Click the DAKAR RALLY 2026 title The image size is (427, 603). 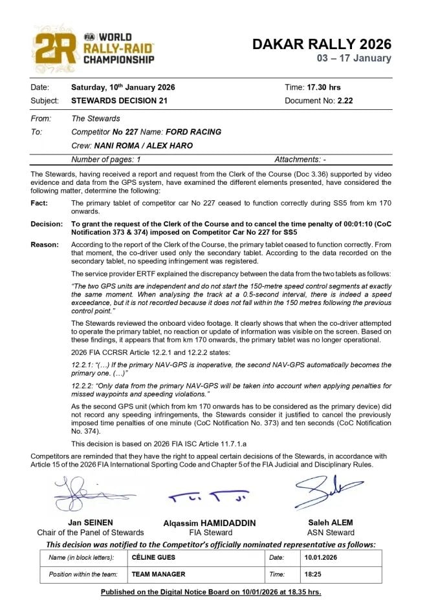pyautogui.click(x=322, y=44)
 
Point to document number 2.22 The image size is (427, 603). pyautogui.click(x=345, y=101)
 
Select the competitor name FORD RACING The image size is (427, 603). pyautogui.click(x=193, y=132)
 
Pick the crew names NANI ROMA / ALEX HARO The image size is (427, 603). pyautogui.click(x=143, y=145)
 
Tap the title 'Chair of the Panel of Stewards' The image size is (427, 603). pyautogui.click(x=91, y=533)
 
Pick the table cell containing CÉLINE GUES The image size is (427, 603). pyautogui.click(x=195, y=557)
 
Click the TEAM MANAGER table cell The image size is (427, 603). pyautogui.click(x=195, y=574)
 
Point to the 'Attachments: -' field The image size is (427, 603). pyautogui.click(x=300, y=159)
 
